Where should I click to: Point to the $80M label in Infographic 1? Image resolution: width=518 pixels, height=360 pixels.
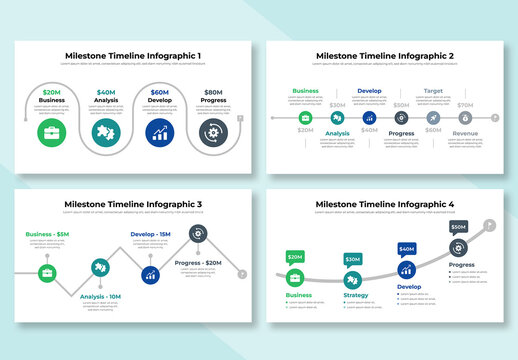(213, 91)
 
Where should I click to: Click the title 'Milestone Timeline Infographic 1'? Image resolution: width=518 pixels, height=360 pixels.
(133, 56)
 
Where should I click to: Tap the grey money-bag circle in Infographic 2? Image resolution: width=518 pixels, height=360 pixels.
(305, 117)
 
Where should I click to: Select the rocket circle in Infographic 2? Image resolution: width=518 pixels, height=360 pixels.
(433, 117)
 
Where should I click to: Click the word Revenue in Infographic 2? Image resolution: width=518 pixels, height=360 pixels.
(465, 133)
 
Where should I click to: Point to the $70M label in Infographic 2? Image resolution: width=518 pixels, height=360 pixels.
(465, 105)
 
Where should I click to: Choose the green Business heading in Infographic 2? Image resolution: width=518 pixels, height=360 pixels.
(305, 90)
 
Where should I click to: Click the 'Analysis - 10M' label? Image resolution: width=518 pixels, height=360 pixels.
(100, 296)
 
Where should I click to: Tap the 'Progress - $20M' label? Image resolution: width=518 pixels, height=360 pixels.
(198, 263)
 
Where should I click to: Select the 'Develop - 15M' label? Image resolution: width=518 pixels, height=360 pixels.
(151, 235)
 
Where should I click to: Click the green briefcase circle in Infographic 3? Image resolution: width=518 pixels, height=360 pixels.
(46, 272)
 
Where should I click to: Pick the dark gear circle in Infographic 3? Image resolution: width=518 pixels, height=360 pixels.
(198, 234)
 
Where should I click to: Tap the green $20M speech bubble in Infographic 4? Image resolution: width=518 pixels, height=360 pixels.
(295, 258)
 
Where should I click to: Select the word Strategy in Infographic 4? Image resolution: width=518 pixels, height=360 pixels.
(356, 295)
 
